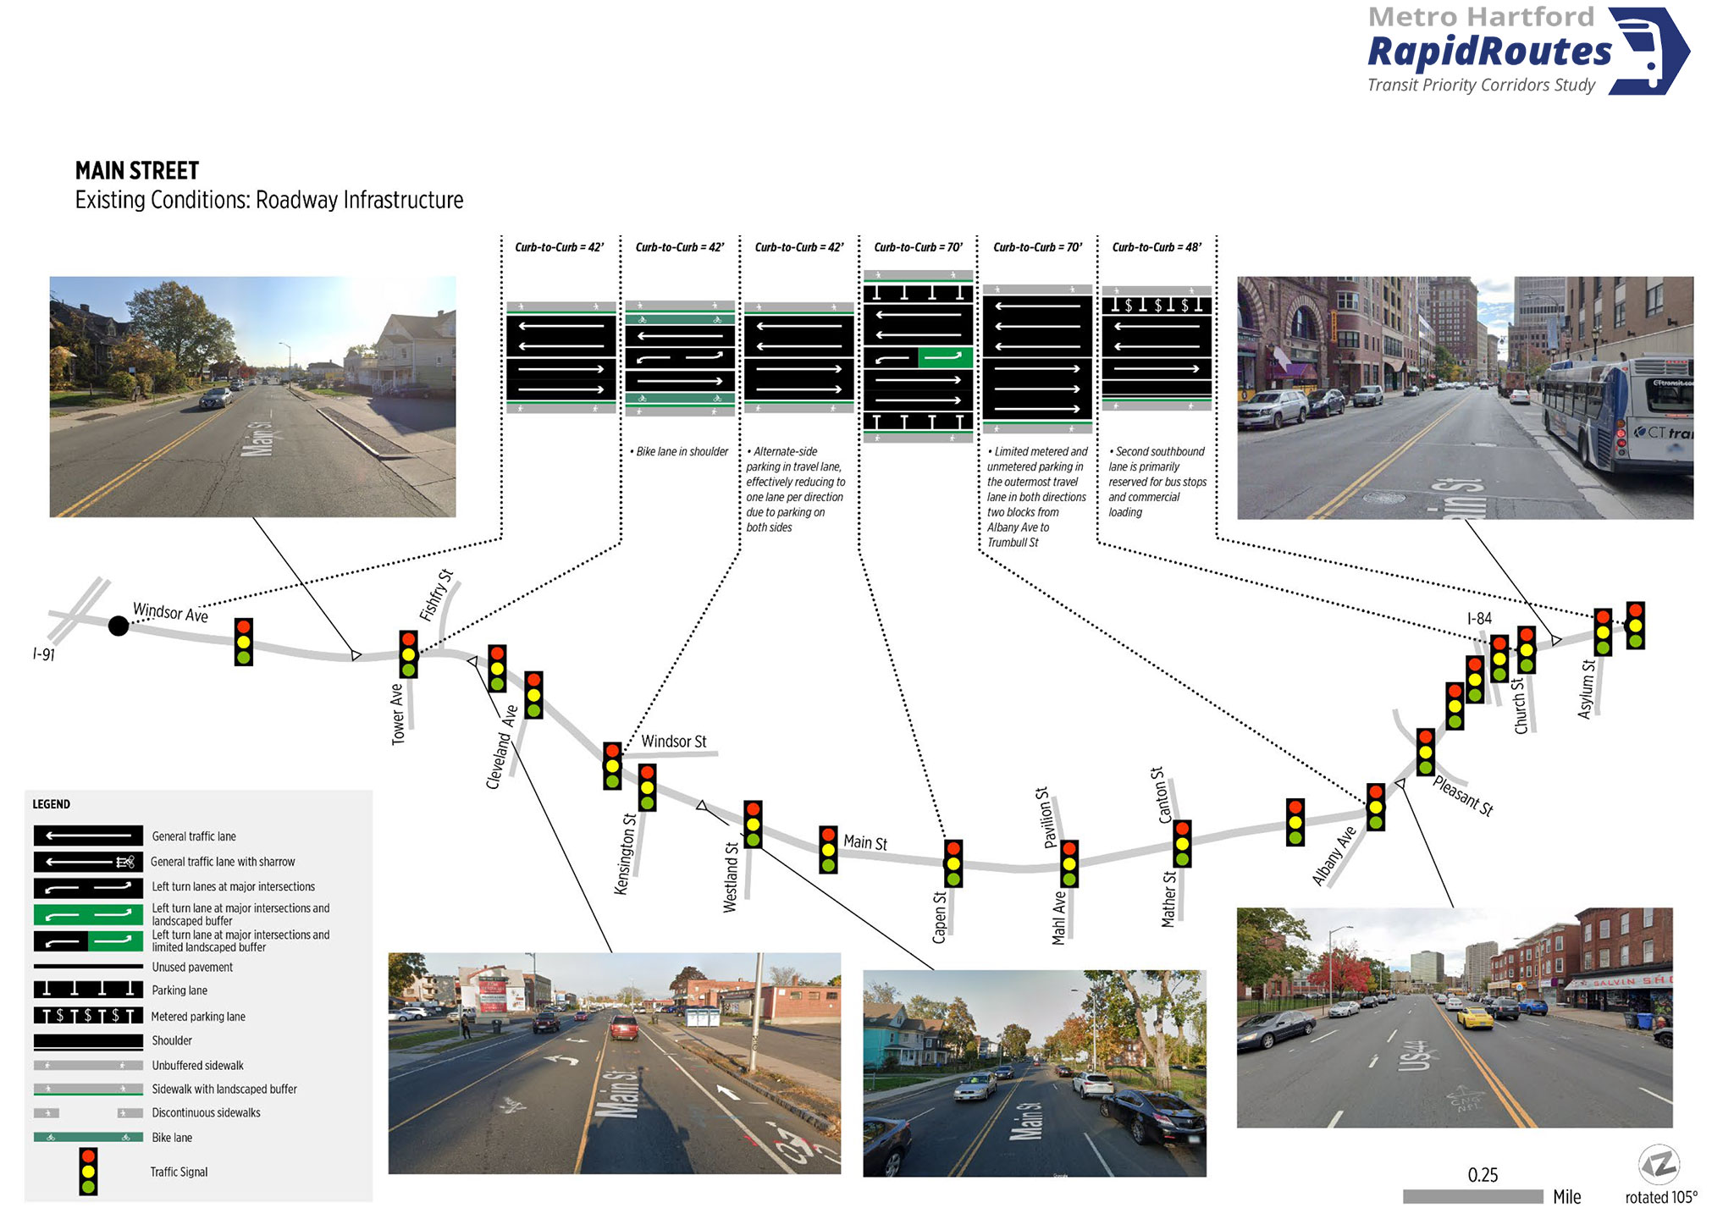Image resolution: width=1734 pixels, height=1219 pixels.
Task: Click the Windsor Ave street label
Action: tap(170, 612)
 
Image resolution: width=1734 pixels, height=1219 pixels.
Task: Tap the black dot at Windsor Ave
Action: tap(119, 626)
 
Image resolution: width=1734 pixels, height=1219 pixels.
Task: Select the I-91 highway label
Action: tap(43, 654)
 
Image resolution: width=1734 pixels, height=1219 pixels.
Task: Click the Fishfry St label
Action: tap(436, 595)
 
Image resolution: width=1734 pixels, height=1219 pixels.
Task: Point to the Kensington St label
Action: tap(625, 853)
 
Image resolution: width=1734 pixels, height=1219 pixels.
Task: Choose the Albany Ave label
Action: tap(1334, 856)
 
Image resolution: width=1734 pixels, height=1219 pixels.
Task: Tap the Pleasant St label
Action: tap(1463, 796)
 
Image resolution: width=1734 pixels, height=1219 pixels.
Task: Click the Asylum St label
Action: tap(1587, 689)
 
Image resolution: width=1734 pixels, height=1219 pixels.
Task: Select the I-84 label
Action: tap(1479, 618)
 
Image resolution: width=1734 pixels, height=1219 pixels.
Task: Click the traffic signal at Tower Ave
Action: tap(408, 654)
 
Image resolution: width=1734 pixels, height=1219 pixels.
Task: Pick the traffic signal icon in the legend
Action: tap(88, 1172)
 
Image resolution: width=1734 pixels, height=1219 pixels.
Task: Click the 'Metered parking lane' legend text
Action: tap(198, 1017)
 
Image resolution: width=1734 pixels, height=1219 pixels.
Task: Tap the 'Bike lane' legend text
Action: tap(172, 1138)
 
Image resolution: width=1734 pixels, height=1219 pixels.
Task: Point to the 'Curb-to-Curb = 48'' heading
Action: tap(1157, 247)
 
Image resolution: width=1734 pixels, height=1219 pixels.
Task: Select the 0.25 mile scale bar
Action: tap(1472, 1196)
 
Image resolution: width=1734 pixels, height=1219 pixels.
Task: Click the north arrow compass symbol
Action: tap(1659, 1165)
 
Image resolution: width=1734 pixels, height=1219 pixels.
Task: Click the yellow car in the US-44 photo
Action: tap(1475, 1017)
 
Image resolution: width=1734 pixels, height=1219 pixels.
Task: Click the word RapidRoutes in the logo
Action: tap(1489, 52)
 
